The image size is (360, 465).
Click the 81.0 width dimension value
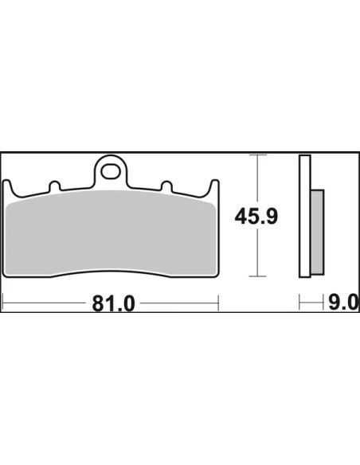[x=113, y=303]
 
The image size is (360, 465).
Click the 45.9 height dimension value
[x=256, y=217]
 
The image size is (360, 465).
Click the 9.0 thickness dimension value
[x=342, y=303]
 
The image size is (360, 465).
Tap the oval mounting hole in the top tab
[x=110, y=171]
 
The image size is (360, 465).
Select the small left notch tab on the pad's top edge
[x=54, y=186]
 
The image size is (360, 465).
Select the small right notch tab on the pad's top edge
[x=166, y=186]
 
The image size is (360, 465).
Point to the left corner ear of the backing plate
[x=8, y=188]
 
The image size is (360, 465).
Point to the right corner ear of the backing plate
[x=213, y=188]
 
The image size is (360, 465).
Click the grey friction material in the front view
[x=111, y=232]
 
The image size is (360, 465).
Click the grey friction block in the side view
[x=317, y=232]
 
